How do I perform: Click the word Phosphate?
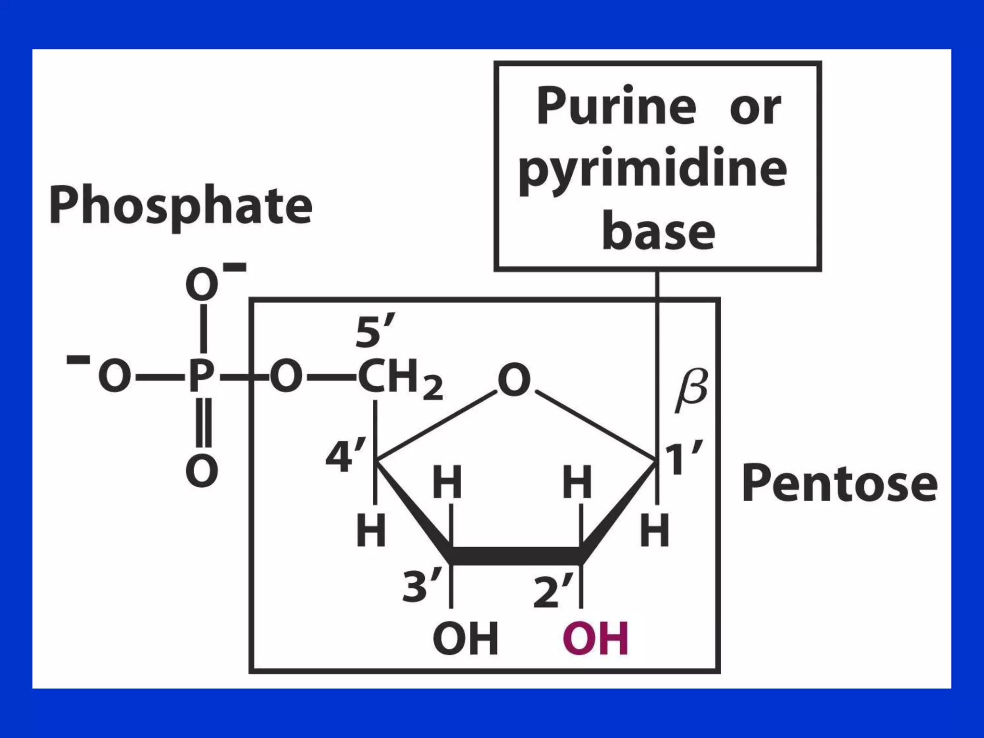click(181, 206)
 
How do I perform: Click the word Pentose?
click(839, 483)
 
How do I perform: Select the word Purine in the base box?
click(616, 106)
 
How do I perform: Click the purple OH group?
click(595, 639)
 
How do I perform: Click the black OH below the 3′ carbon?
click(465, 639)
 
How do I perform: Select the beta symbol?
click(691, 390)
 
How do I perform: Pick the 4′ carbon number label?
click(344, 455)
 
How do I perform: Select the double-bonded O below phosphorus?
click(202, 471)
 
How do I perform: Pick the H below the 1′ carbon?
click(654, 530)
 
